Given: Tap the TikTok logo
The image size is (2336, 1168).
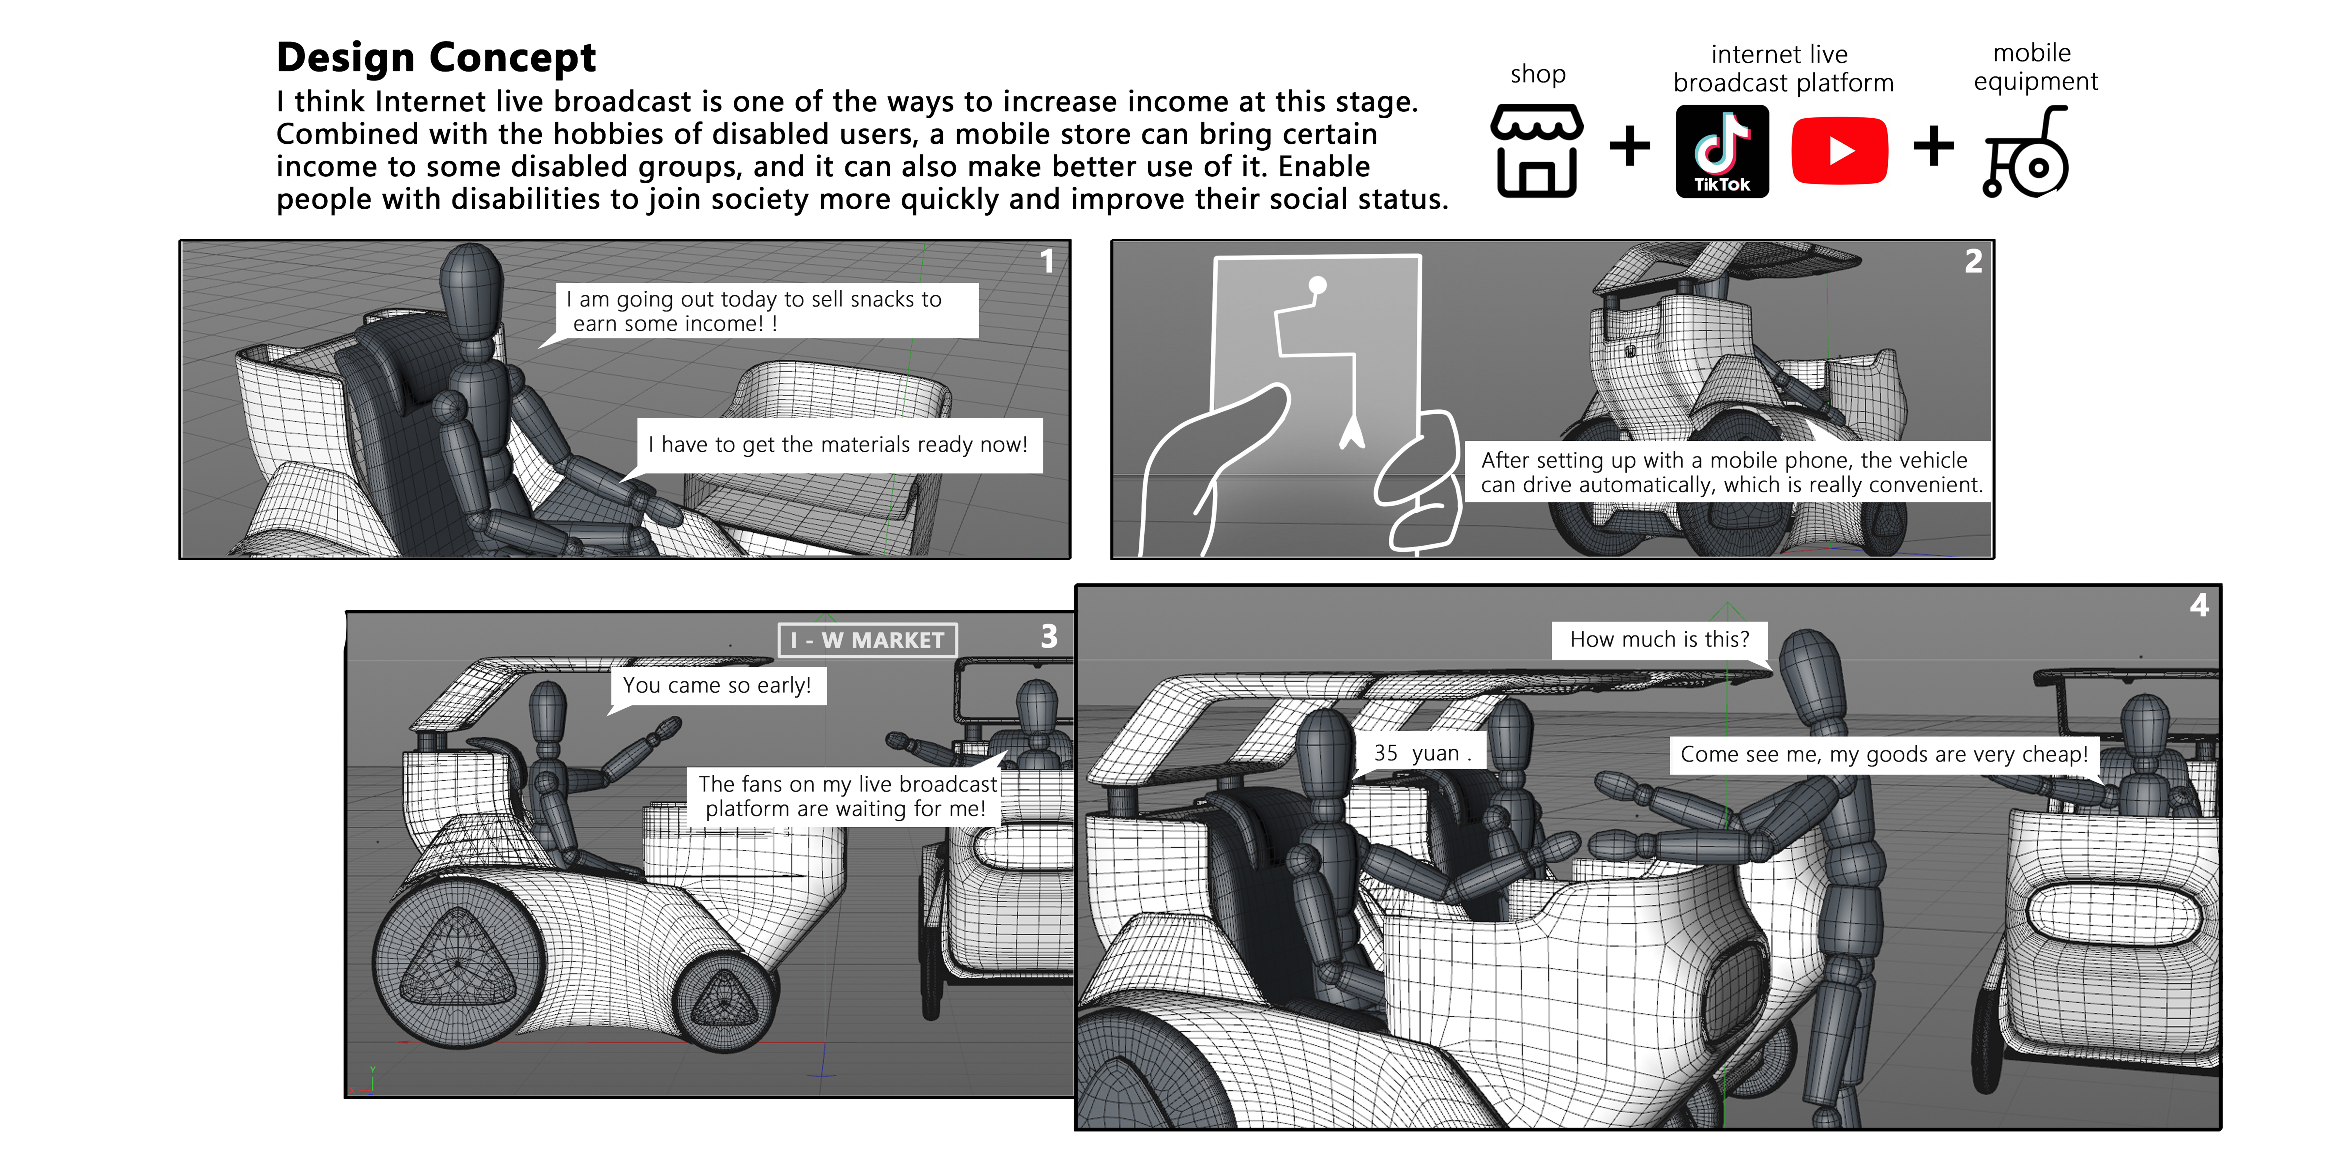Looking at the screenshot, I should pyautogui.click(x=1721, y=151).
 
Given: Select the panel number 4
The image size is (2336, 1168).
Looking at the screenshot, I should pyautogui.click(x=2199, y=605).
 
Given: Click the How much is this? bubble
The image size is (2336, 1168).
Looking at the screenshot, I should pyautogui.click(x=1660, y=639).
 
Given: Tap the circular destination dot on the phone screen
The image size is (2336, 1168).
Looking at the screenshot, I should pyautogui.click(x=1317, y=285).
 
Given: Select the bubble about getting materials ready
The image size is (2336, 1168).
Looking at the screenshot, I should pyautogui.click(x=838, y=444).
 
